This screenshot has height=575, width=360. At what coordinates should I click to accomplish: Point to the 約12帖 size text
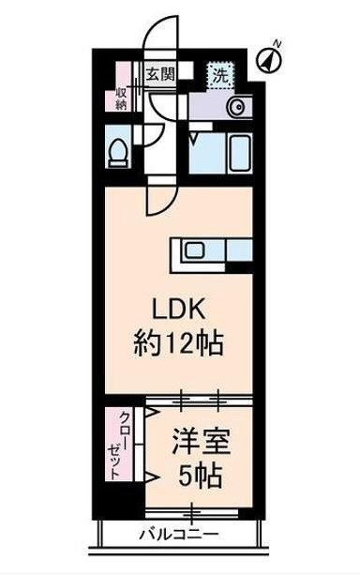[177, 345]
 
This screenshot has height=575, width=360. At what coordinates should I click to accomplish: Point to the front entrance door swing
[156, 38]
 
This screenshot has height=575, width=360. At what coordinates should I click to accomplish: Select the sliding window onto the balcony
[192, 513]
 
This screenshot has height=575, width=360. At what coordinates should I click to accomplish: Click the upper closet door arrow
[150, 414]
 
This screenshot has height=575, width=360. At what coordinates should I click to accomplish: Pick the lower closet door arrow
[150, 476]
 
